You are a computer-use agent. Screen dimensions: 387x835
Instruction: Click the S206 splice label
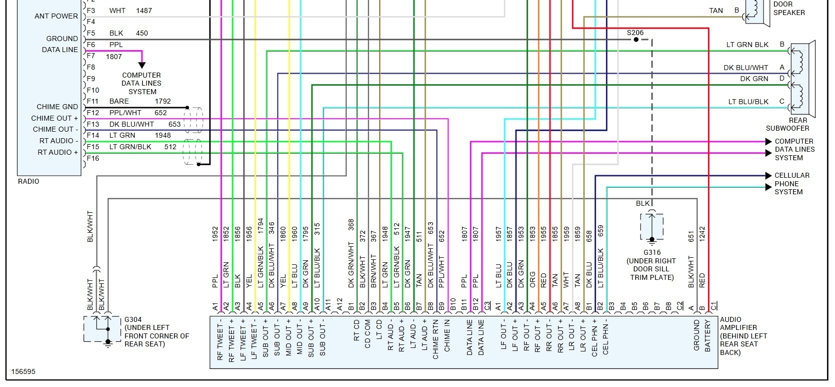pyautogui.click(x=635, y=33)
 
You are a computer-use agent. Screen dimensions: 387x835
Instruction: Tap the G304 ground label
pyautogui.click(x=132, y=319)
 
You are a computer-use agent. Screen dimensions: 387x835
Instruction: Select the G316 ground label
pyautogui.click(x=652, y=252)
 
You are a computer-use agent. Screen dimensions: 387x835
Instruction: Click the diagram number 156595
pyautogui.click(x=23, y=371)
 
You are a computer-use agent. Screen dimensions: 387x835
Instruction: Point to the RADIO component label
pyautogui.click(x=28, y=181)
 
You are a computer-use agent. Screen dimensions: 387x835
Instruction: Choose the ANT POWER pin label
pyautogui.click(x=56, y=16)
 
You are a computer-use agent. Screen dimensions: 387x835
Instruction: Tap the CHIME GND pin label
pyautogui.click(x=57, y=107)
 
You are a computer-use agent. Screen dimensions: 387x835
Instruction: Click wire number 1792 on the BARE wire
pyautogui.click(x=162, y=101)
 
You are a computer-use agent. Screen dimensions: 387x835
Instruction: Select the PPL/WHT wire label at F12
pyautogui.click(x=125, y=113)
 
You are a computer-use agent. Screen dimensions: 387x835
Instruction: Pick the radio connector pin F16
pyautogui.click(x=92, y=158)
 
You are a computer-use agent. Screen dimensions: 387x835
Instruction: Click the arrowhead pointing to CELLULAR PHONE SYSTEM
pyautogui.click(x=769, y=176)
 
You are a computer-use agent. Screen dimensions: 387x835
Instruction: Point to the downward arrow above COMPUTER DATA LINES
pyautogui.click(x=142, y=65)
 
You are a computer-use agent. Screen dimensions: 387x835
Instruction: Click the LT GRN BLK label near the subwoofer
pyautogui.click(x=747, y=45)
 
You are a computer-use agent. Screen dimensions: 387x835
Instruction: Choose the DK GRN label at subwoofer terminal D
pyautogui.click(x=754, y=79)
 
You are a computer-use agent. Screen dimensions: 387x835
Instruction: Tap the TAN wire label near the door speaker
pyautogui.click(x=716, y=11)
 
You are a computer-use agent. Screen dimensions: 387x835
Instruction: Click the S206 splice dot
pyautogui.click(x=635, y=40)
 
